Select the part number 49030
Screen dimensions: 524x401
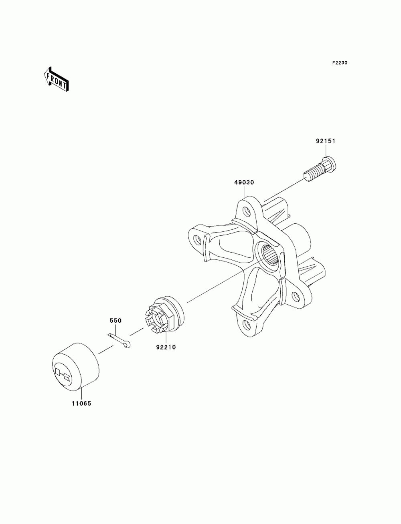(244, 182)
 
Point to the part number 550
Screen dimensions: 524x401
(116, 321)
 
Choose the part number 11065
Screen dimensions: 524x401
(82, 404)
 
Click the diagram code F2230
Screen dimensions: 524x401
(340, 63)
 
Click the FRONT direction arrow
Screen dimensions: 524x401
(56, 78)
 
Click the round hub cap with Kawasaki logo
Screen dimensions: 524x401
(76, 366)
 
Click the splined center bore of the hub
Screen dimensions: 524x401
(271, 255)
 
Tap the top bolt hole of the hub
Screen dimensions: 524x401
(245, 209)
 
